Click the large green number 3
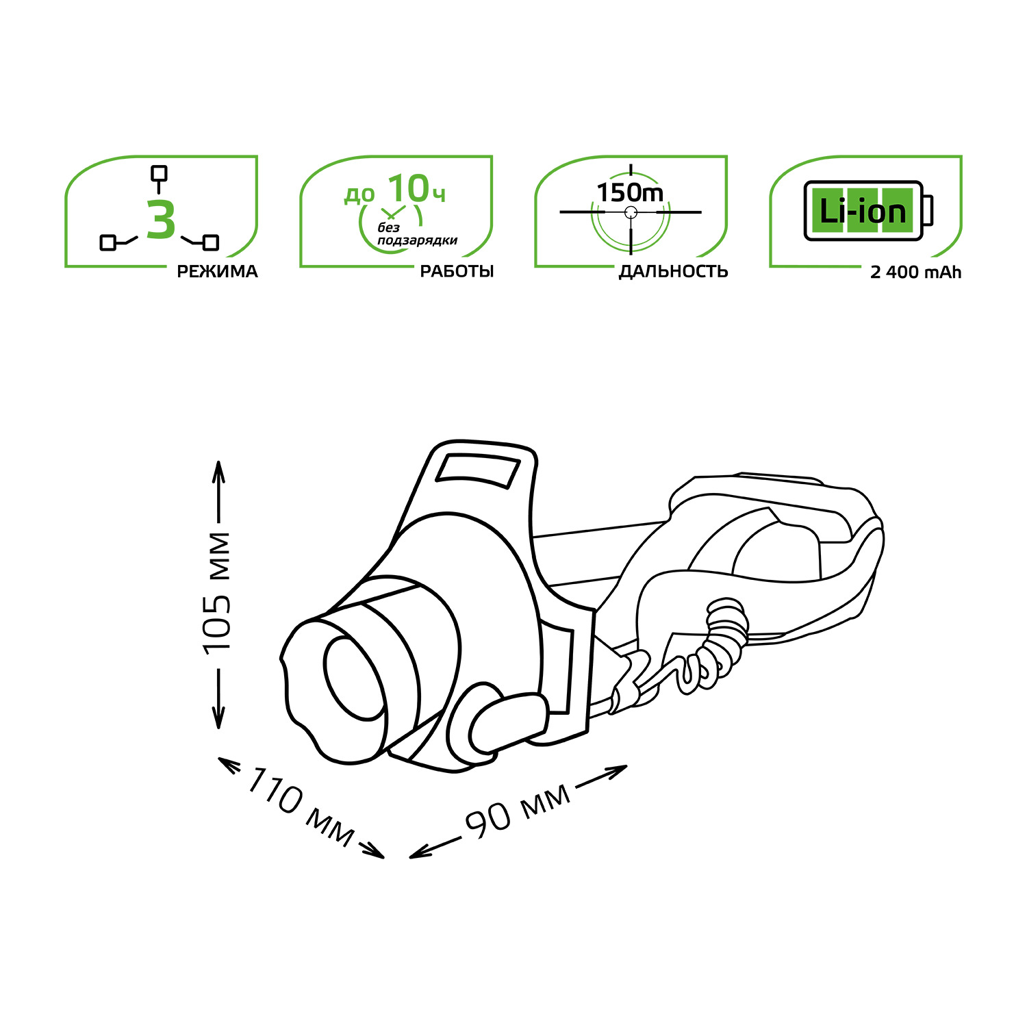point(161,220)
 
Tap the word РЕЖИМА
point(217,272)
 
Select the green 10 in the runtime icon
point(408,190)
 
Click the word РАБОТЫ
point(457,272)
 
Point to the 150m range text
point(630,193)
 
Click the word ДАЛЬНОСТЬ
point(673,272)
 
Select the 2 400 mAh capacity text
point(915,272)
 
